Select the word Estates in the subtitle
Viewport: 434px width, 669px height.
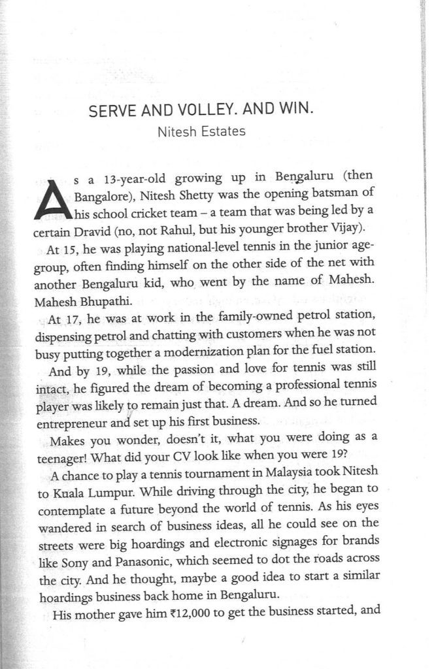[x=224, y=131]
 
